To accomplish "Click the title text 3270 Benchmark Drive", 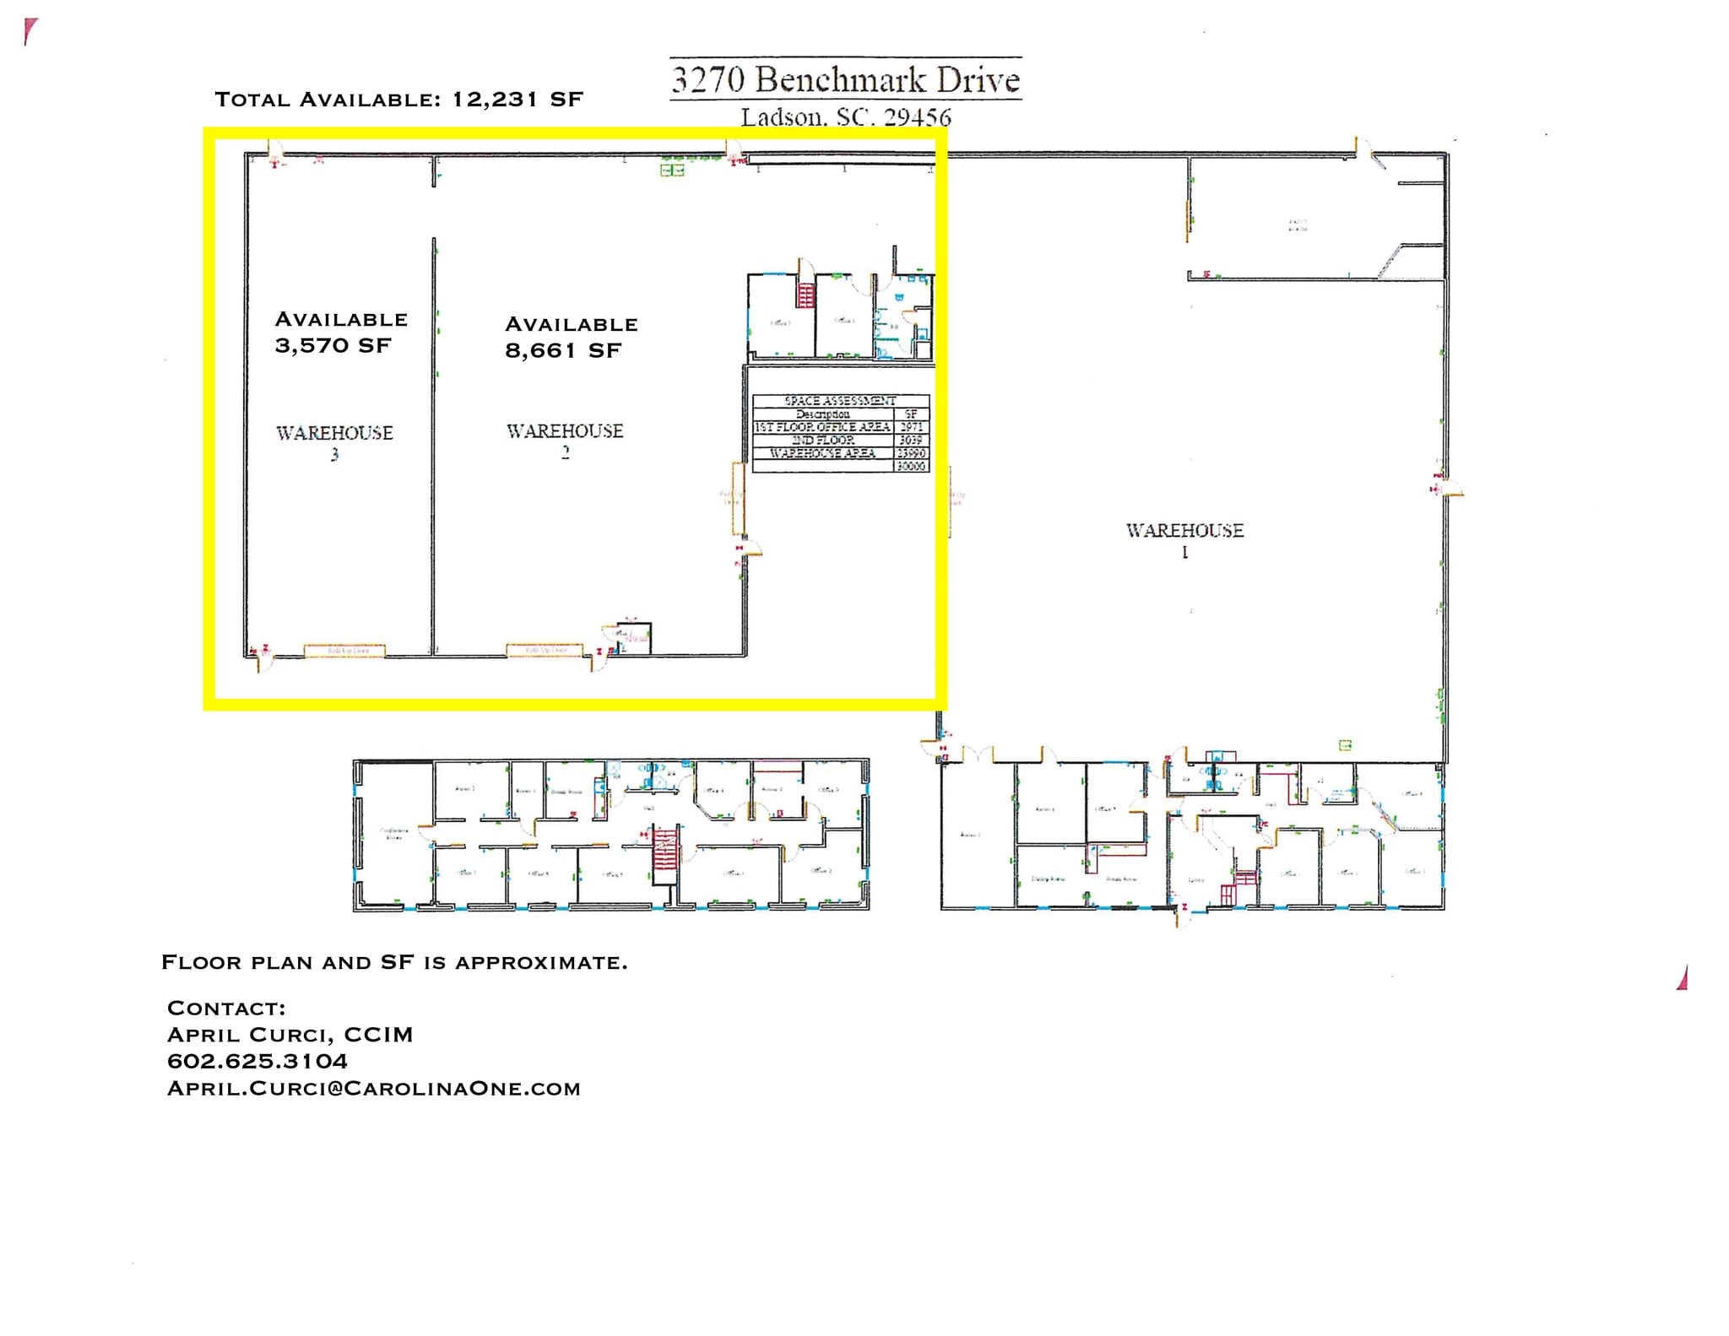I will [845, 79].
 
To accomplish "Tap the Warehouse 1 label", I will [1184, 539].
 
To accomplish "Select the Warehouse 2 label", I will [565, 441].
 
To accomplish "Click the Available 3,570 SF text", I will [341, 332].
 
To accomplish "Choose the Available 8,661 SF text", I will [571, 337].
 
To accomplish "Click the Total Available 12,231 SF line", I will [398, 100].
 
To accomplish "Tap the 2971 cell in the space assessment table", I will [911, 427].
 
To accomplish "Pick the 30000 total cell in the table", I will [911, 466].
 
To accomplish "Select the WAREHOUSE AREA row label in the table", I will [822, 453].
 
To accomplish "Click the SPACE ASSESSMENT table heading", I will [840, 401].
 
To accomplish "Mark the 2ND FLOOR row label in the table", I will [822, 440].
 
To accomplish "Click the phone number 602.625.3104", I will [257, 1061].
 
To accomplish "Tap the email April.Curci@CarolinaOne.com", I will [374, 1088].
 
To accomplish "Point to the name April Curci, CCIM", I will [290, 1035].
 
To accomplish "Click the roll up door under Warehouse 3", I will [344, 651].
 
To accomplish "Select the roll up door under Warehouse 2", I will [545, 650].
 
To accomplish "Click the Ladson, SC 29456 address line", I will [845, 116].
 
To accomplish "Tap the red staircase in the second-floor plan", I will [665, 855].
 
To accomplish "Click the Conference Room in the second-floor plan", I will [393, 833].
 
